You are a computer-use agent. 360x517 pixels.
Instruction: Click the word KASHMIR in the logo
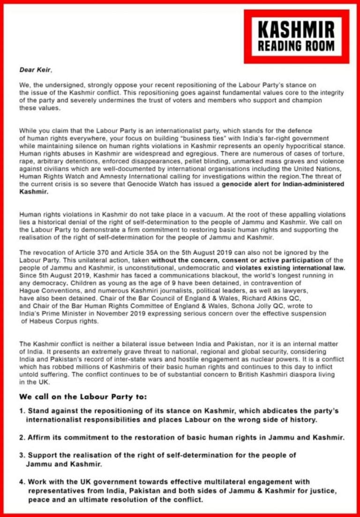click(x=296, y=30)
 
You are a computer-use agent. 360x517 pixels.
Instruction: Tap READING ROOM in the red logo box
click(x=296, y=46)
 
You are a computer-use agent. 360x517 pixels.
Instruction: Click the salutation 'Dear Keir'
click(x=36, y=70)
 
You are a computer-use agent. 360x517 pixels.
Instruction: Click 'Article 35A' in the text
click(x=132, y=253)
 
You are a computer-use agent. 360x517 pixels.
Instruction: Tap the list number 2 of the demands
click(x=22, y=437)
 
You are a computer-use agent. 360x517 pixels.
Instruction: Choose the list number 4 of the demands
click(x=22, y=482)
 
